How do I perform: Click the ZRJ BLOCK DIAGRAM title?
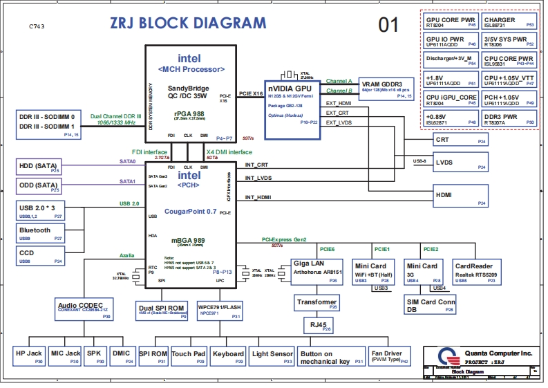(x=187, y=23)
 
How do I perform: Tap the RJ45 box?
(x=316, y=324)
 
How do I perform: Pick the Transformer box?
(x=316, y=302)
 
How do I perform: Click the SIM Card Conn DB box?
(x=431, y=305)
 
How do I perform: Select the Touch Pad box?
(x=189, y=355)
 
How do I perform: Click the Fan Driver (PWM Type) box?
(x=389, y=355)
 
